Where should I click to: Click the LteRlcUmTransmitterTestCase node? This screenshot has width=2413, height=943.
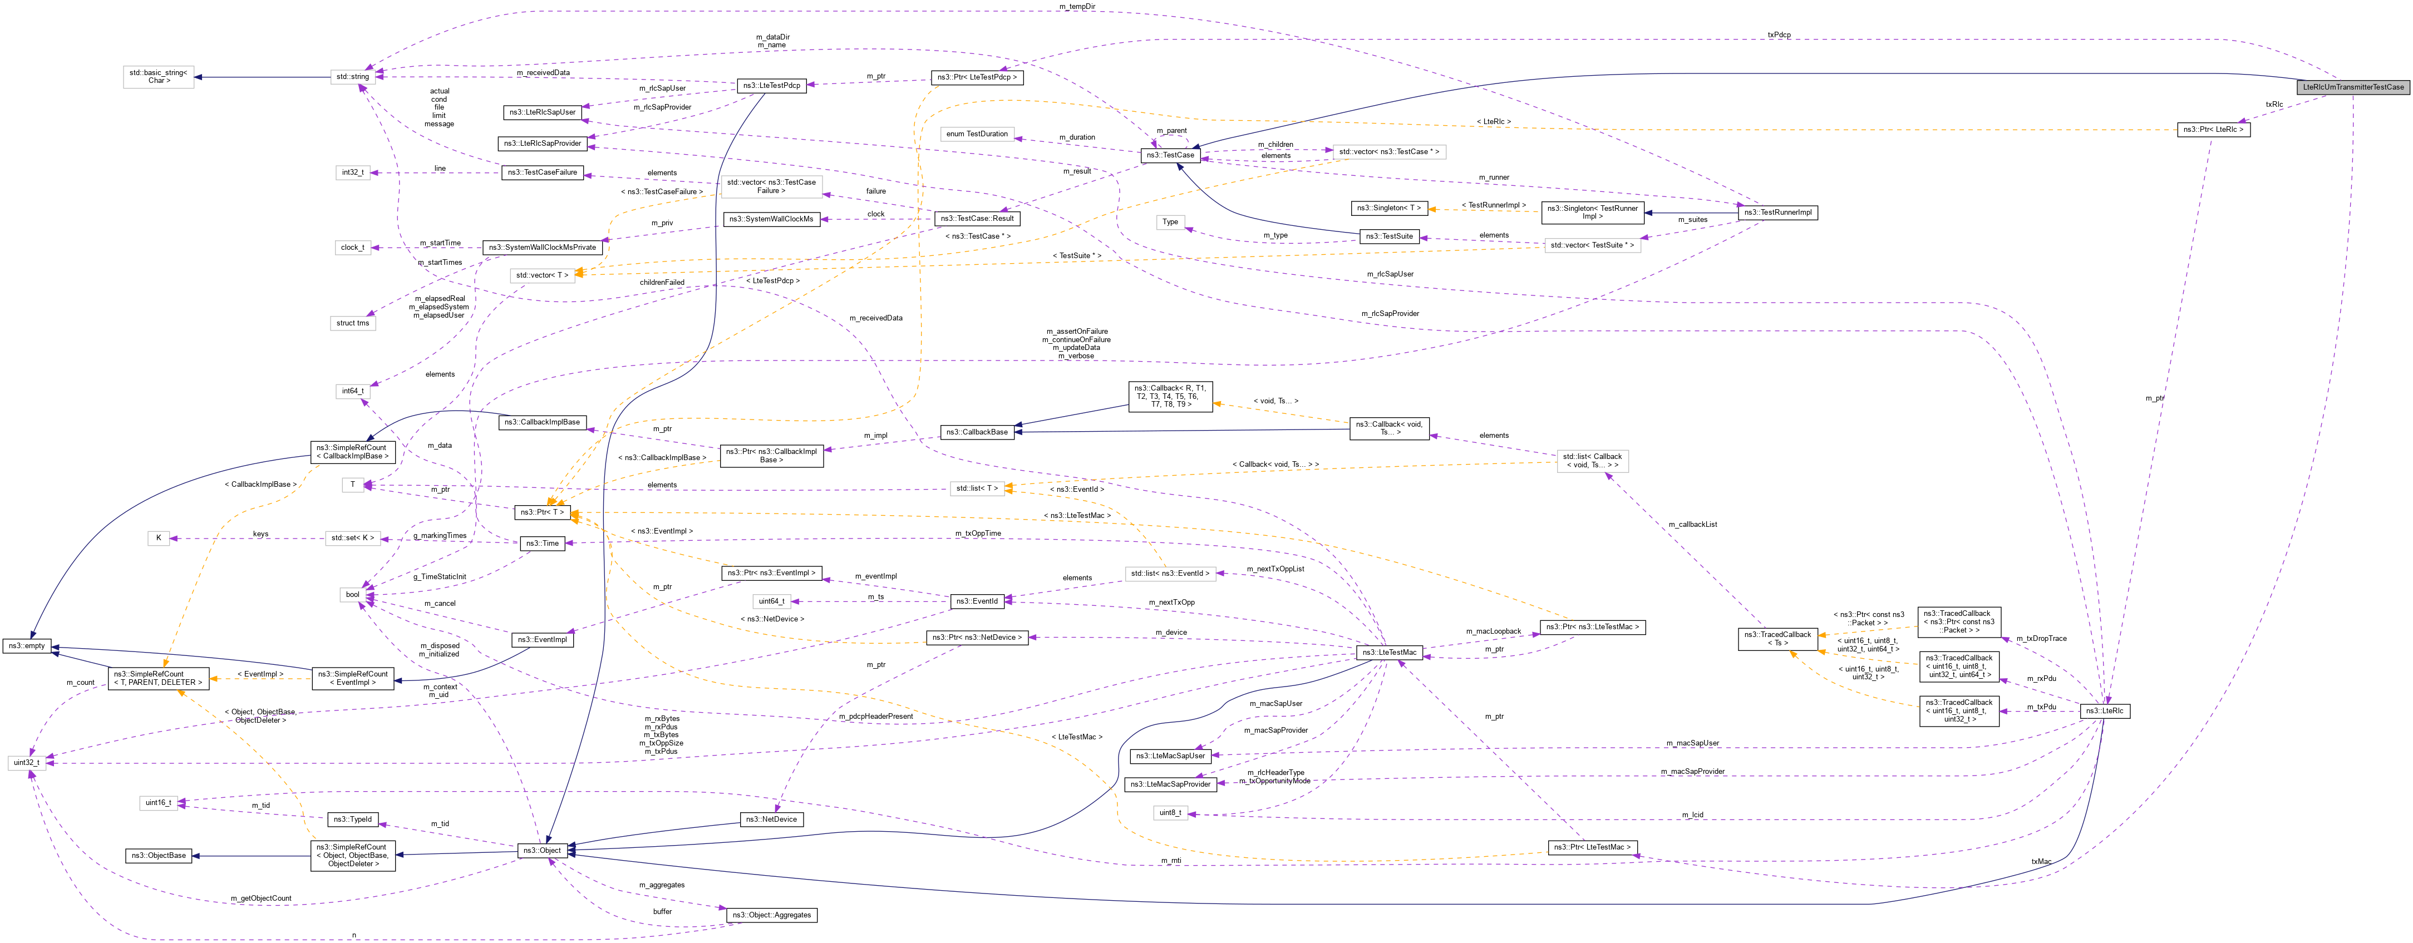click(2352, 87)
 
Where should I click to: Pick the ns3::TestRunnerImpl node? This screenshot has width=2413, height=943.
click(1778, 213)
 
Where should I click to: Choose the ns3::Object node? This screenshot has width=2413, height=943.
click(543, 850)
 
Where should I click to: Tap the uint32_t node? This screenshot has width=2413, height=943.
click(26, 762)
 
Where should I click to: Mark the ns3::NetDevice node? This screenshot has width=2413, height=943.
click(771, 819)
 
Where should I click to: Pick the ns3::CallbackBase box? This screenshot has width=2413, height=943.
click(977, 432)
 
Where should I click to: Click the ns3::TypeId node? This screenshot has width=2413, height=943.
click(352, 819)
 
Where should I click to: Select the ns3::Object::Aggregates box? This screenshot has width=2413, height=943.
click(771, 915)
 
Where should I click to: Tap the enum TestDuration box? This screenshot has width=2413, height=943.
click(977, 134)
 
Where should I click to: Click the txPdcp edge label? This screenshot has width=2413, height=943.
click(1778, 36)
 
